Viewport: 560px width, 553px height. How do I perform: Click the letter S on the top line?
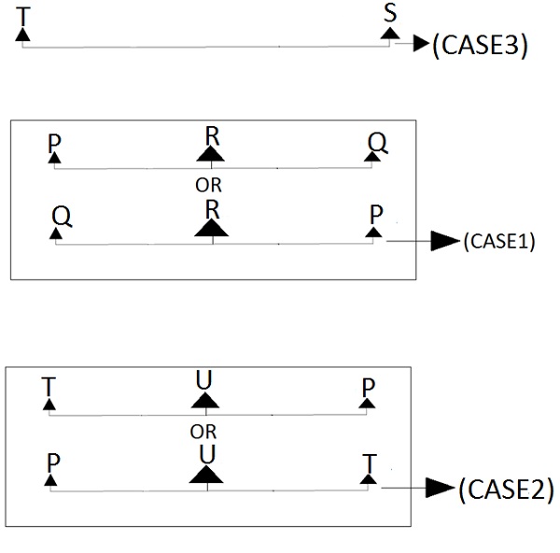pyautogui.click(x=390, y=13)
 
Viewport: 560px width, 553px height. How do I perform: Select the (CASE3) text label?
pyautogui.click(x=481, y=46)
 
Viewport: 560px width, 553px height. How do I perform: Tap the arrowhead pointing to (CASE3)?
pyautogui.click(x=420, y=44)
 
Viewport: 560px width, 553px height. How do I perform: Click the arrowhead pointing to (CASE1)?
pyautogui.click(x=444, y=241)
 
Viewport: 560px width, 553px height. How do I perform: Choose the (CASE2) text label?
pyautogui.click(x=505, y=489)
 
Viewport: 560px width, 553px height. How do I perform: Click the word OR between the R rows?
pyautogui.click(x=208, y=185)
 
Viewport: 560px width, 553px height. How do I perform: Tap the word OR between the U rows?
pyautogui.click(x=203, y=432)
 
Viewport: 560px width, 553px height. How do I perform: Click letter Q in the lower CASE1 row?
pyautogui.click(x=62, y=214)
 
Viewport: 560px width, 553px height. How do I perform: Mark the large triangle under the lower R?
pyautogui.click(x=212, y=228)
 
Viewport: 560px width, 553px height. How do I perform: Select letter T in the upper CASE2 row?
pyautogui.click(x=49, y=386)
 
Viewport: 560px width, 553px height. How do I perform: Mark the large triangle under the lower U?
pyautogui.click(x=207, y=474)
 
